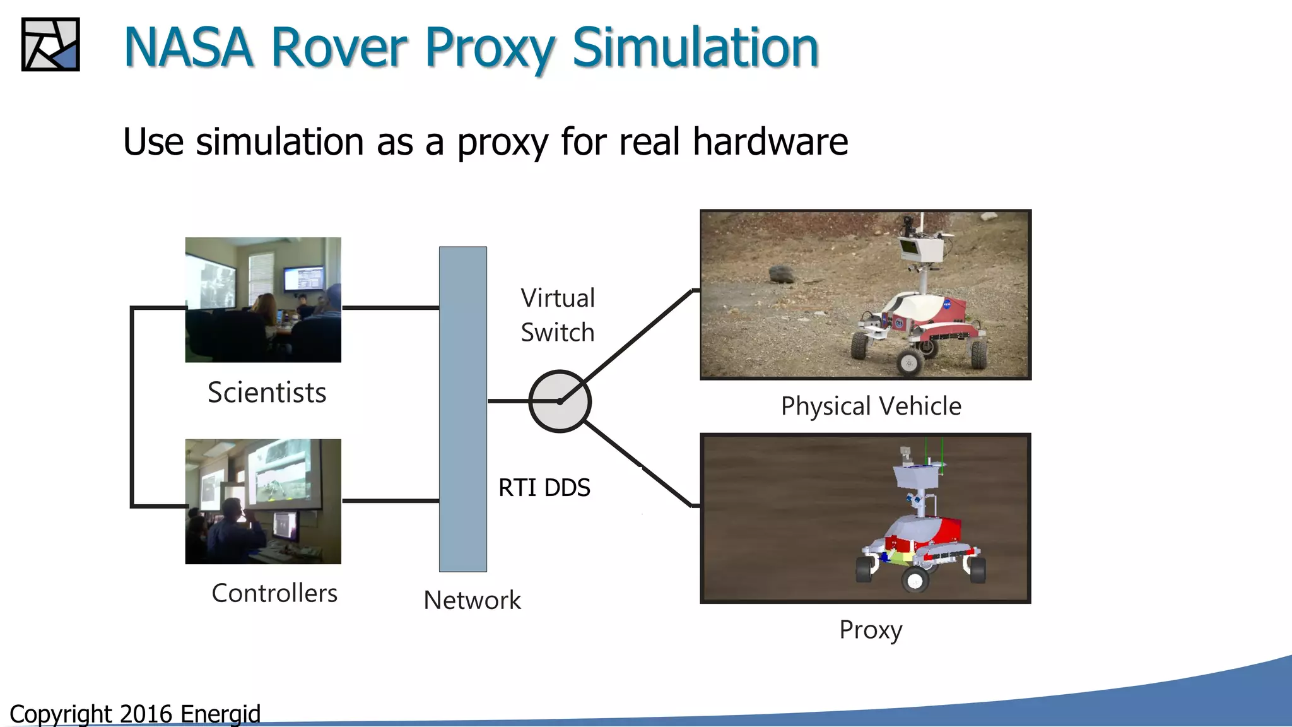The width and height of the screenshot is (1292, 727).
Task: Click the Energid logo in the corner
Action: pos(50,44)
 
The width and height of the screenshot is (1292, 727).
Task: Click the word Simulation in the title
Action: pos(695,48)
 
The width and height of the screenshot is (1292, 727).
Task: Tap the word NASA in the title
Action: pos(188,48)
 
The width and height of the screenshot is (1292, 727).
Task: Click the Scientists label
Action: pos(267,393)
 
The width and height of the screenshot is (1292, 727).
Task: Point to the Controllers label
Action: pos(274,593)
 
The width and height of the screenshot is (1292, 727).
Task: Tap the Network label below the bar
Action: pos(472,600)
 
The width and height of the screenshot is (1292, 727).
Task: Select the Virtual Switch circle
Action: pos(559,401)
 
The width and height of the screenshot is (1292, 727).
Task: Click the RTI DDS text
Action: pos(544,488)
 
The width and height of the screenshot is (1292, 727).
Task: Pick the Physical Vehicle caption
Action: pos(871,406)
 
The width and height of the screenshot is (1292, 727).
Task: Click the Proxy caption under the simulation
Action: pos(871,629)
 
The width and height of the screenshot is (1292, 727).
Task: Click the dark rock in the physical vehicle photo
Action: pos(782,273)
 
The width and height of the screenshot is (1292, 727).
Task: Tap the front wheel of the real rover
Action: pos(909,362)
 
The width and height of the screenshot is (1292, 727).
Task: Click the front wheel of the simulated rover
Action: pos(915,579)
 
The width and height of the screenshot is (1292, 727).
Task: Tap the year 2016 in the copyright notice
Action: pos(146,714)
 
